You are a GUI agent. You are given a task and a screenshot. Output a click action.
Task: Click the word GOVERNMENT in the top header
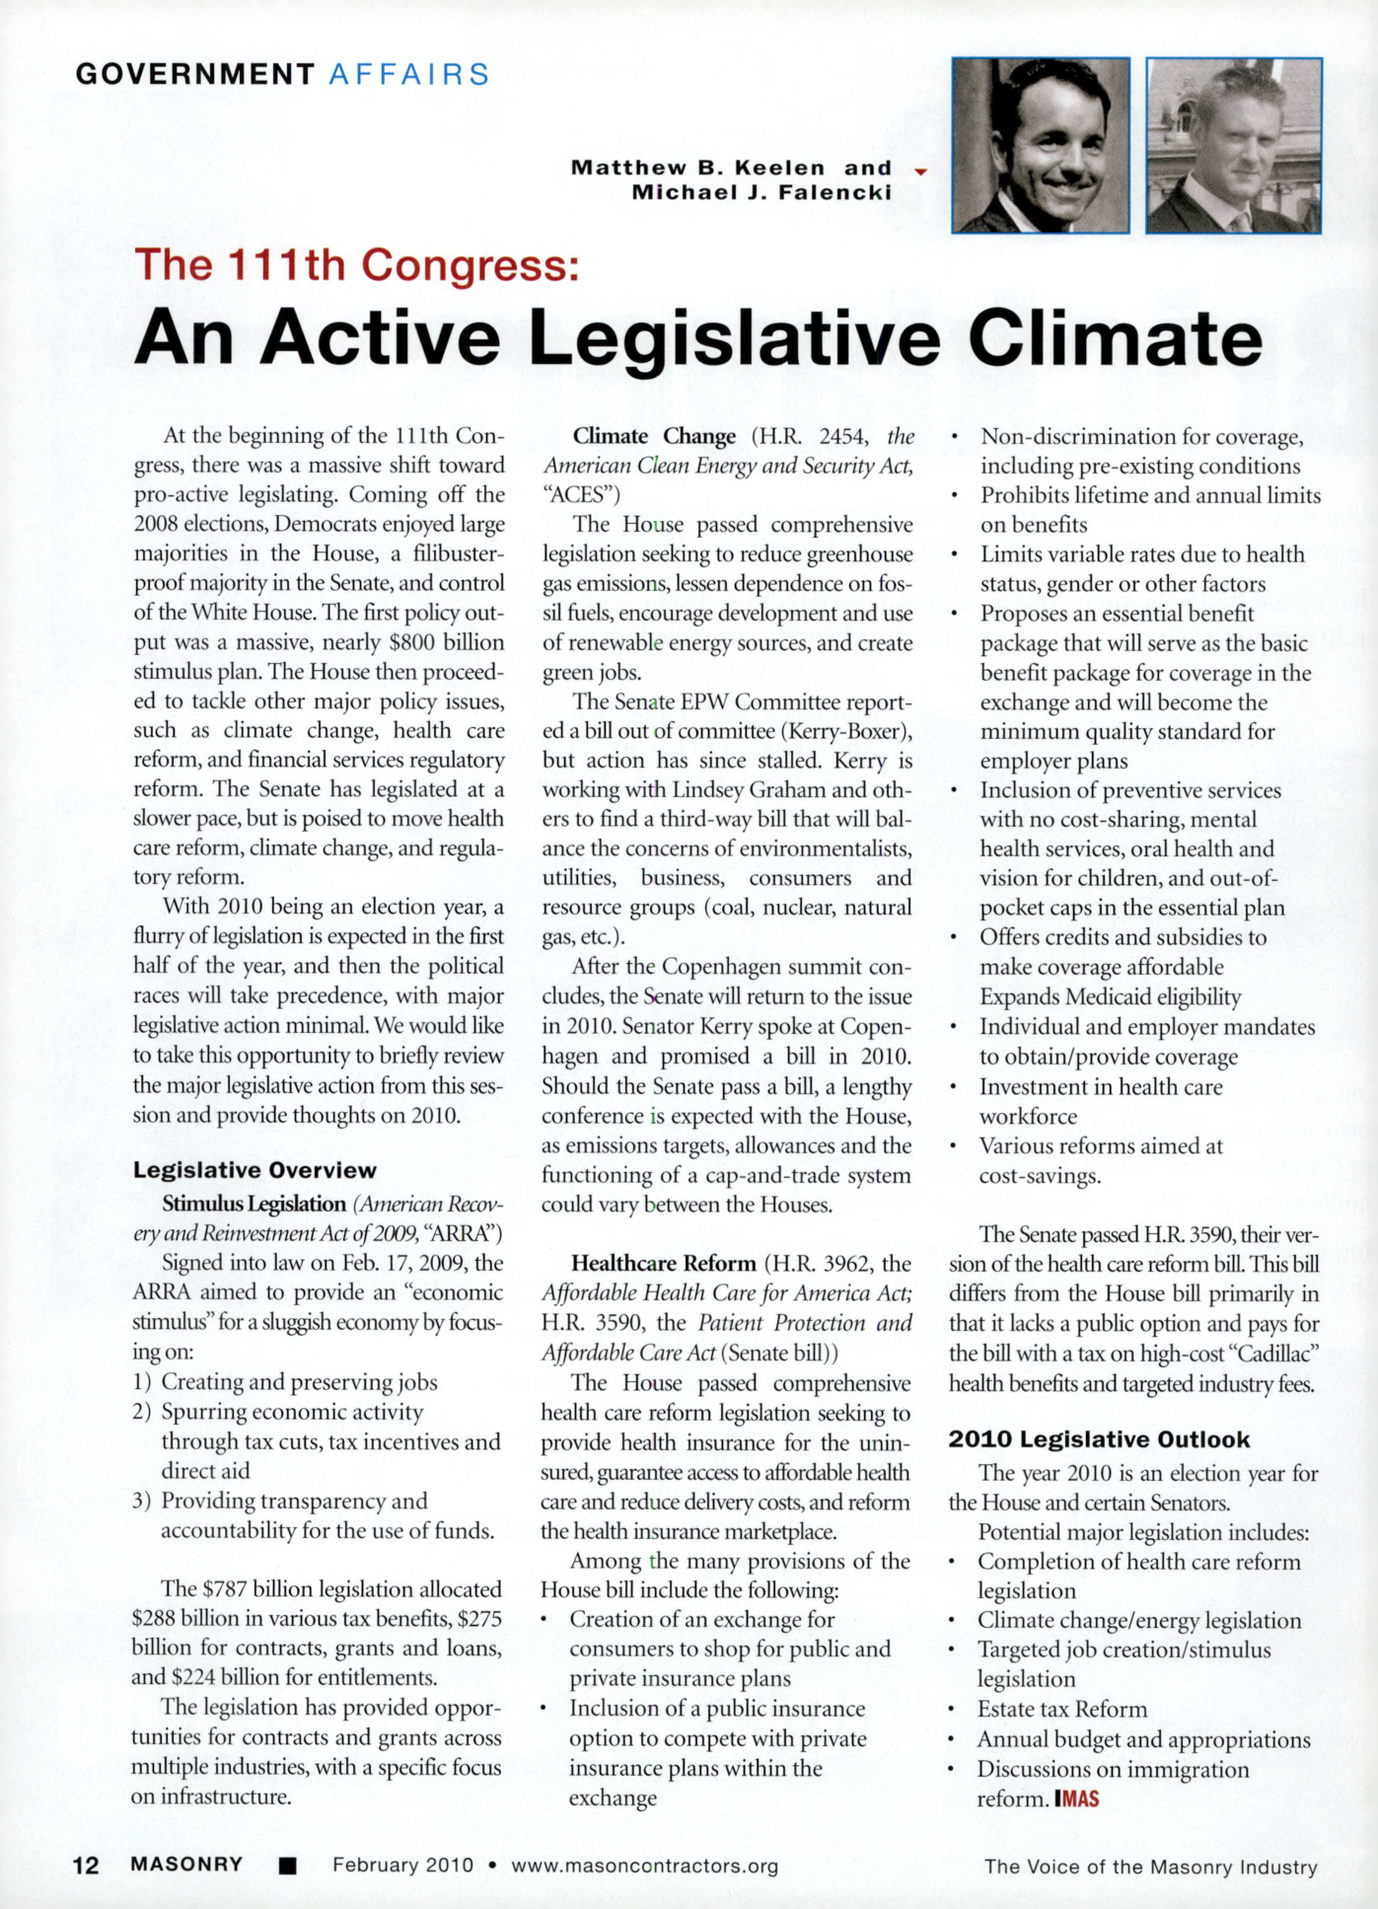point(195,74)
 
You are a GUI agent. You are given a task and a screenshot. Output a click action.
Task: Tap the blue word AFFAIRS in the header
point(409,74)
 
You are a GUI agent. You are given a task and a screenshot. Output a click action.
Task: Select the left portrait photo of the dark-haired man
point(1040,146)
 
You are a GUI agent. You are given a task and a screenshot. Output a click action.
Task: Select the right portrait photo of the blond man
point(1233,146)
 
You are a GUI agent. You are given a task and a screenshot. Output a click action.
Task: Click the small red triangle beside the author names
point(921,172)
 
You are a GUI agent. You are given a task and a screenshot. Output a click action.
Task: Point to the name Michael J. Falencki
point(762,192)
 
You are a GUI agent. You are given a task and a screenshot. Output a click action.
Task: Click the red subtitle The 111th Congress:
point(356,265)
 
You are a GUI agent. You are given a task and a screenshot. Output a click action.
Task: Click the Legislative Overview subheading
point(254,1170)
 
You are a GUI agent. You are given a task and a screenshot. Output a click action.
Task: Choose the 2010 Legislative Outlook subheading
point(1099,1439)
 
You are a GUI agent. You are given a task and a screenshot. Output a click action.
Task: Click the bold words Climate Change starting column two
point(654,436)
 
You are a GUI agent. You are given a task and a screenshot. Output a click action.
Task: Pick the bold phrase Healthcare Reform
point(663,1264)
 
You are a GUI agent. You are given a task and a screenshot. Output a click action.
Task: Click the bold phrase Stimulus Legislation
point(254,1205)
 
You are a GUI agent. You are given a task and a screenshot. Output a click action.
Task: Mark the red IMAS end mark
point(1076,1799)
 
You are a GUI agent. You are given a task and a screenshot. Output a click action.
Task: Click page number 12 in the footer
point(86,1866)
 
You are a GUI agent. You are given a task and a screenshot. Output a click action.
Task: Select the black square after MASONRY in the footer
point(287,1866)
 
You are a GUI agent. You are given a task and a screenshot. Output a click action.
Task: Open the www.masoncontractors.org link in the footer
point(644,1866)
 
